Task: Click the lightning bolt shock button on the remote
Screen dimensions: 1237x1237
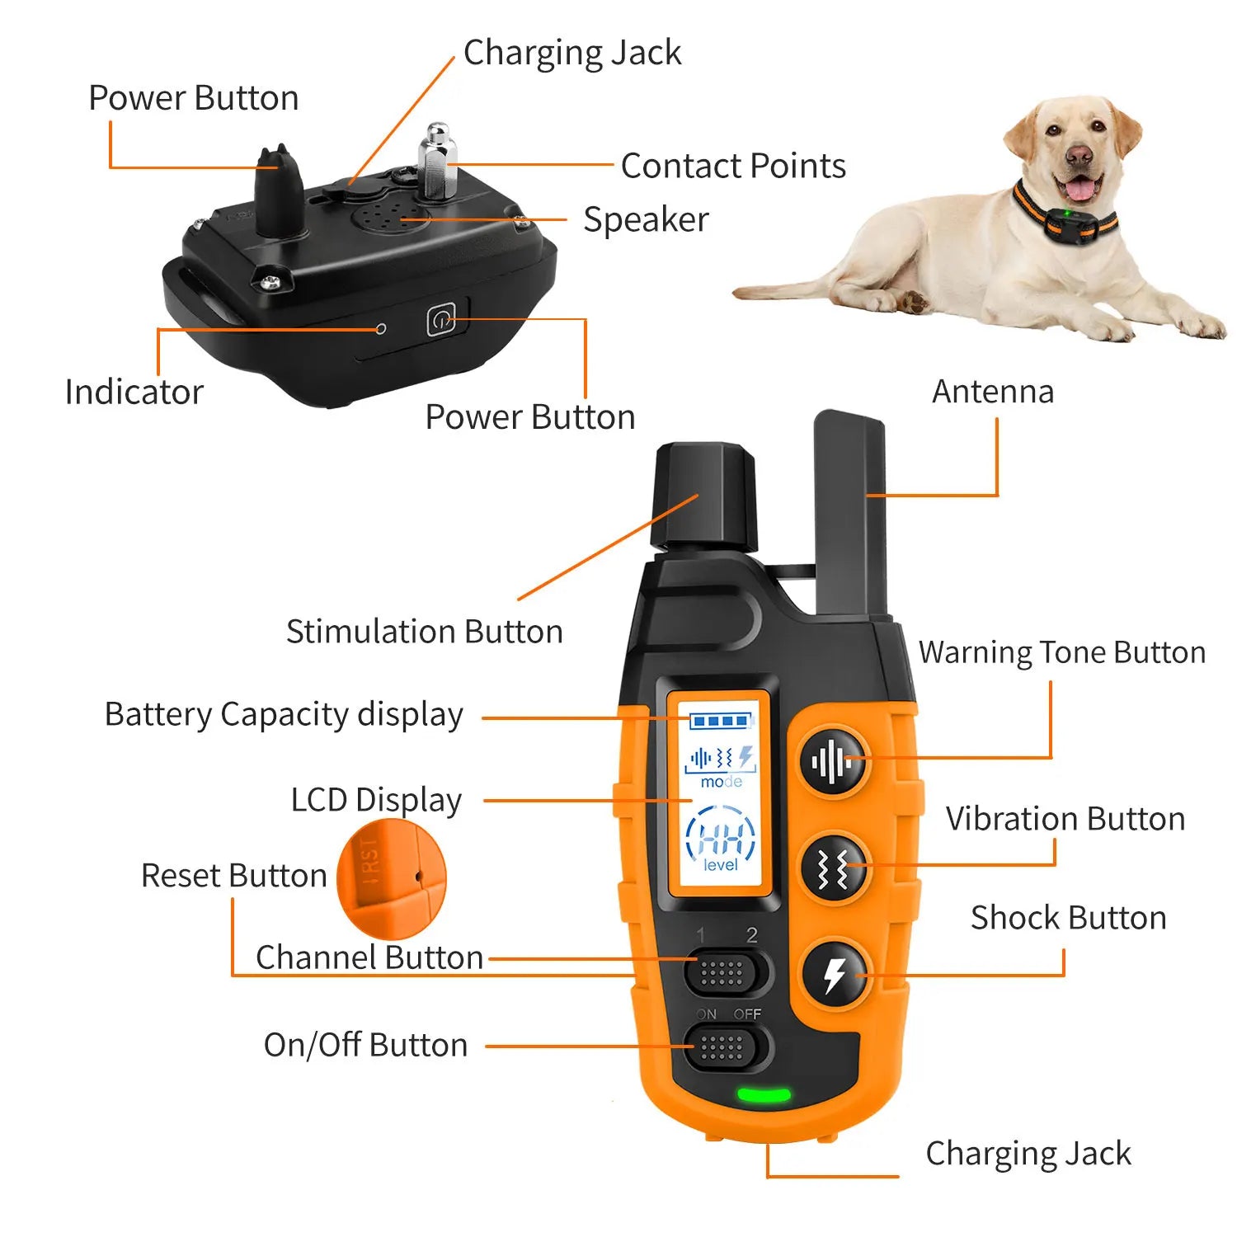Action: (x=835, y=974)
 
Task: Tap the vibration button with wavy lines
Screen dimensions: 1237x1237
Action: (x=834, y=868)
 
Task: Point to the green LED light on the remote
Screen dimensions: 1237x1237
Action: (x=763, y=1096)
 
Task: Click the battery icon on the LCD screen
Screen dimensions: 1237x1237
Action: (x=722, y=722)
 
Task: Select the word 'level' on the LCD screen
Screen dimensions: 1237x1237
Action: (x=721, y=865)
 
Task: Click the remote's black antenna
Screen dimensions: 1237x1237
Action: (x=849, y=511)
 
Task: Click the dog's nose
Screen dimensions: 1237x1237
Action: (x=1078, y=154)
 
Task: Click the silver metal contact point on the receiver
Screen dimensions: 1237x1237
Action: (x=438, y=161)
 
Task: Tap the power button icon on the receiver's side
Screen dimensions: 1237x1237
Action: (x=441, y=320)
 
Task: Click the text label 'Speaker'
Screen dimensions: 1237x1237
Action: (x=646, y=220)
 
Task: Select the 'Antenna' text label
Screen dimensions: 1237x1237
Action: (x=993, y=392)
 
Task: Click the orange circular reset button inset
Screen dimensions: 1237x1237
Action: (x=392, y=878)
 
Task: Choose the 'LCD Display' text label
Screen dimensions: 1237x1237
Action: (x=376, y=800)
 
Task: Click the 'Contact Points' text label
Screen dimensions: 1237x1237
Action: (x=733, y=166)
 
